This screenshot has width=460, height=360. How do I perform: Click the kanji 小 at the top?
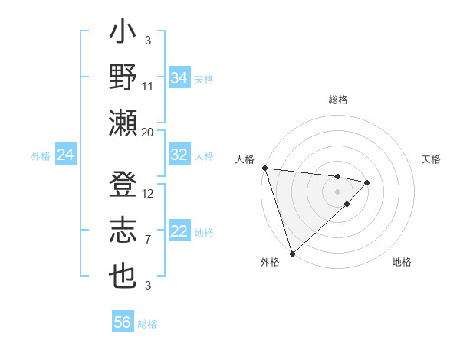[123, 35]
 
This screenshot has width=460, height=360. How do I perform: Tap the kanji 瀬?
[123, 122]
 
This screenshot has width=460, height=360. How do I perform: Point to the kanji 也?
[123, 275]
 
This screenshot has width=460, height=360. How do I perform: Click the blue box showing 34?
[179, 78]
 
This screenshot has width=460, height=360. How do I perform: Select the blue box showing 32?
[179, 155]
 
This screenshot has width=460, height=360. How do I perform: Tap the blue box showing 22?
[179, 232]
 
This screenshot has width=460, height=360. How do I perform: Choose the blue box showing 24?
[65, 155]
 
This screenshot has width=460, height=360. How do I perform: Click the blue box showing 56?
[123, 322]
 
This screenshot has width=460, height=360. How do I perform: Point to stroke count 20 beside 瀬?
[148, 132]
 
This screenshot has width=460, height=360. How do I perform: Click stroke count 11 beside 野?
[148, 87]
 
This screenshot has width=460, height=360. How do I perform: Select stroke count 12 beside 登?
[148, 194]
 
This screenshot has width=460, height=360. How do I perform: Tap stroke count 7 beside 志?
[148, 240]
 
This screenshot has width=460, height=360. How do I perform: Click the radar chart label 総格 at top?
[338, 100]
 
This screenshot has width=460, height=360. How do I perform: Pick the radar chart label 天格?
[432, 159]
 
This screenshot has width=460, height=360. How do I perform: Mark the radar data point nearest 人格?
[264, 168]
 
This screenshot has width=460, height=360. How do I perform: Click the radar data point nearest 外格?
[292, 252]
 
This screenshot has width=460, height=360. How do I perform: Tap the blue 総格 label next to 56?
[147, 324]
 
